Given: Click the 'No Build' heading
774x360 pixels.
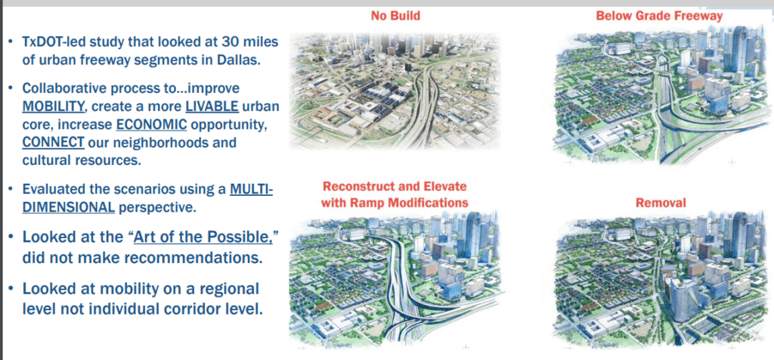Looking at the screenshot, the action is [x=395, y=16].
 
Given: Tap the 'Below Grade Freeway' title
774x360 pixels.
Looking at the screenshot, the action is [x=659, y=16].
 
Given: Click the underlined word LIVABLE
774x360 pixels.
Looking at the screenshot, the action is [x=212, y=106].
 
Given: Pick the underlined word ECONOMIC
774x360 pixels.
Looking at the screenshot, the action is [x=152, y=125].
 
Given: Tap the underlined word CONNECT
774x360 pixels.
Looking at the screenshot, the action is [x=53, y=143].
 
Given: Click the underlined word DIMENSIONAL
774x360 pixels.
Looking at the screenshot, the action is [x=68, y=207].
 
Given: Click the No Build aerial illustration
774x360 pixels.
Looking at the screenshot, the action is [x=395, y=91].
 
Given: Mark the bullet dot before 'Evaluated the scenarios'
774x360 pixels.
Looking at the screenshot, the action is [x=10, y=190].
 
